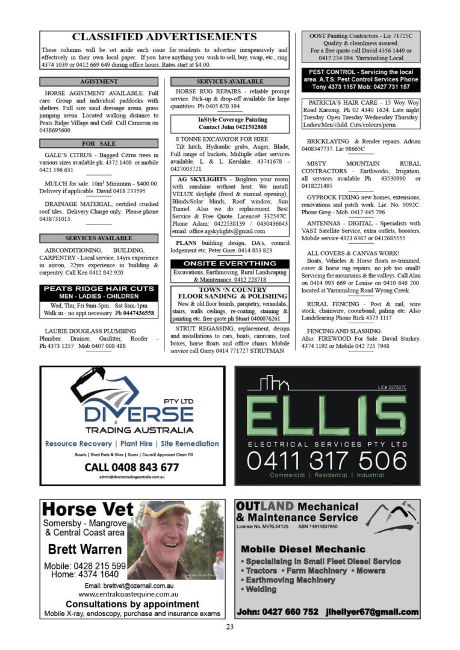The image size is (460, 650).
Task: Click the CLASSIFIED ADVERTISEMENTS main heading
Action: pos(164,37)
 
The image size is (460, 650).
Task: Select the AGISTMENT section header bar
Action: pos(99,81)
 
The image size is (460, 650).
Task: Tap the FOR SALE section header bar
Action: pos(99,143)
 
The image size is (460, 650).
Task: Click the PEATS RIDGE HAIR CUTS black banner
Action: pos(99,292)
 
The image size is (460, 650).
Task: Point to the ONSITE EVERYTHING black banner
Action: pos(229,263)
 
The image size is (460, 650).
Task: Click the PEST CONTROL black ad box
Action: pos(360,79)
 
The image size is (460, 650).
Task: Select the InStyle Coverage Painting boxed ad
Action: pos(229,123)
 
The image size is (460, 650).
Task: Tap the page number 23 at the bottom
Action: pos(230,627)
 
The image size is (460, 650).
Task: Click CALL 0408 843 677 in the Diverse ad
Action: pos(132,467)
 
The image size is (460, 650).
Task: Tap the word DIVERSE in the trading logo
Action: pos(138,414)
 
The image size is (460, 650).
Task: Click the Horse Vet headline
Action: pos(88,510)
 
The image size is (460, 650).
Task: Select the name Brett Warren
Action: pos(84,549)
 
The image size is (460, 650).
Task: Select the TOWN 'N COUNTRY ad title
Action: pos(229,289)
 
